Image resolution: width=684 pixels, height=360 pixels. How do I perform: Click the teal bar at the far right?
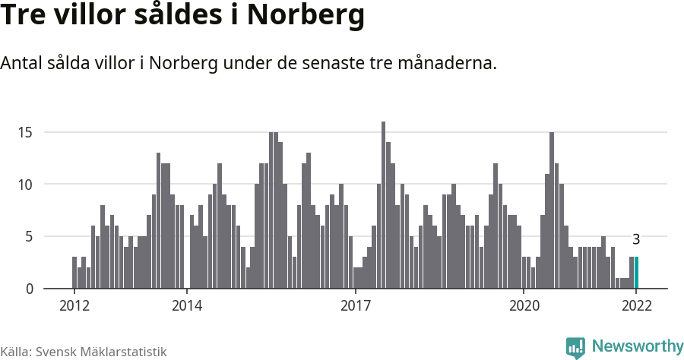[x=636, y=273]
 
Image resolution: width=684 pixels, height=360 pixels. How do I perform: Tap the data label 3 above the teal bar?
[x=636, y=239]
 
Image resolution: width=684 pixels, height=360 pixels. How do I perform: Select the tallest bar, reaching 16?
[x=383, y=205]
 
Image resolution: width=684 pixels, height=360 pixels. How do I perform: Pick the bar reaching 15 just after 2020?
[x=552, y=210]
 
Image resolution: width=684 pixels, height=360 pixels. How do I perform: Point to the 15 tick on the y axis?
[x=25, y=132]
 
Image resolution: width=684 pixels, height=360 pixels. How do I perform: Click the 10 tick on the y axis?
[x=25, y=185]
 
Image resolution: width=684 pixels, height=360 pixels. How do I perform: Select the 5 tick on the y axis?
[x=29, y=236]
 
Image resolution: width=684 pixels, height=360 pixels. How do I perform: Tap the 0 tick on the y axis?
[x=29, y=289]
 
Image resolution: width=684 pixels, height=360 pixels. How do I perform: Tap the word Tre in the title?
[x=25, y=17]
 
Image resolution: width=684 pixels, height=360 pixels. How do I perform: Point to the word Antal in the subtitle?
[x=23, y=63]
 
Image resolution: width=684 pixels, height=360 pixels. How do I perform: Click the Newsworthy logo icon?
[x=575, y=347]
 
